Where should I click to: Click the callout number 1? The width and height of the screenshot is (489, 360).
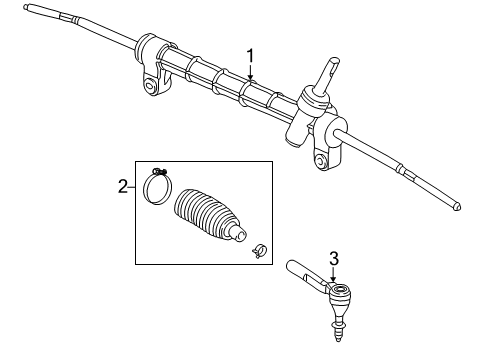(x=251, y=55)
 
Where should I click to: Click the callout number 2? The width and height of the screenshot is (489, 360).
(x=122, y=186)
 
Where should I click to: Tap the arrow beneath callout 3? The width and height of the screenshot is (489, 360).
(x=335, y=277)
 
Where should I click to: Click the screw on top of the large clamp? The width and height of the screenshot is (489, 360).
(x=160, y=170)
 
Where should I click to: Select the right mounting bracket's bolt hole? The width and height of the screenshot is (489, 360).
(x=320, y=158)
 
